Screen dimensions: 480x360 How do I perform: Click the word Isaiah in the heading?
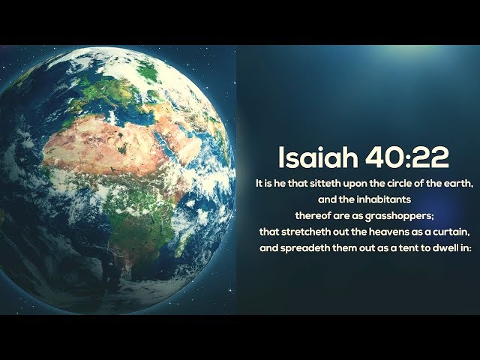coord(318,157)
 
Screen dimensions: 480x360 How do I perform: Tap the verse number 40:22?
coord(407,157)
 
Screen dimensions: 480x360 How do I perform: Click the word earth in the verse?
coord(457,184)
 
